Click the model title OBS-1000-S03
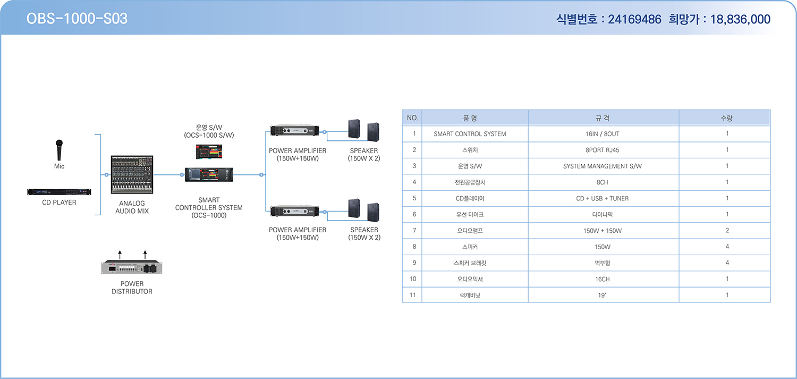[77, 19]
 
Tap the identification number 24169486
[634, 19]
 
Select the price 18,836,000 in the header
[740, 19]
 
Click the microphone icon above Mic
[59, 150]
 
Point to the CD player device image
[59, 192]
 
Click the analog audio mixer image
[132, 175]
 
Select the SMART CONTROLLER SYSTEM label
[209, 207]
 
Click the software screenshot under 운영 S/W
[209, 151]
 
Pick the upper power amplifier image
[294, 131]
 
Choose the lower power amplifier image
[294, 211]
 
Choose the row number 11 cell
[412, 295]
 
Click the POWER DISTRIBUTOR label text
[132, 288]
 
